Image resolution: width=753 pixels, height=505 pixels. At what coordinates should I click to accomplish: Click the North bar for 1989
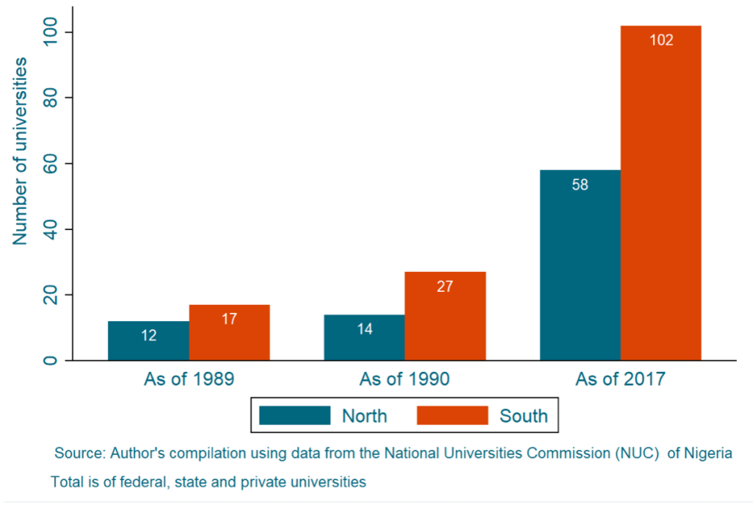pyautogui.click(x=149, y=341)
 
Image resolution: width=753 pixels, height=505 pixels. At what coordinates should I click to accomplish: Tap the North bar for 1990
pyautogui.click(x=364, y=338)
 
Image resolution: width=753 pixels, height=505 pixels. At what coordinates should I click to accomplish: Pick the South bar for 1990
pyautogui.click(x=445, y=316)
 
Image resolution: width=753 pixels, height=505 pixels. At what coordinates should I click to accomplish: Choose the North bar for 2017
pyautogui.click(x=580, y=265)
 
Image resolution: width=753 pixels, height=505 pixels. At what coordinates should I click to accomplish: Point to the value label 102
pyautogui.click(x=661, y=40)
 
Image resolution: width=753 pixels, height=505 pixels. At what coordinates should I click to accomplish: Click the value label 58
pyautogui.click(x=580, y=185)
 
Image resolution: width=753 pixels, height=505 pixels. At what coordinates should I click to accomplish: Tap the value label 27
pyautogui.click(x=445, y=286)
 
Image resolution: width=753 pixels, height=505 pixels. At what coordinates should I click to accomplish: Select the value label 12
pyautogui.click(x=149, y=335)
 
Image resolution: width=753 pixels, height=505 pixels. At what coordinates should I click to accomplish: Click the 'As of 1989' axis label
pyautogui.click(x=189, y=380)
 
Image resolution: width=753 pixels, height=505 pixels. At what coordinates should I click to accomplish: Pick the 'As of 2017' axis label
pyautogui.click(x=621, y=380)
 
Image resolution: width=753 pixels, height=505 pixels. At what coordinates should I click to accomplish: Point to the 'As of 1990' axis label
pyautogui.click(x=404, y=380)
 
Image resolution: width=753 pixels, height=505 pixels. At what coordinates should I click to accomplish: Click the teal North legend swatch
pyautogui.click(x=295, y=415)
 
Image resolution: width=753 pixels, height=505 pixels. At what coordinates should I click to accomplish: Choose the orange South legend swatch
pyautogui.click(x=452, y=415)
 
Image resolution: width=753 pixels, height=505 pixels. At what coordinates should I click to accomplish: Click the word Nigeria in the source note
pyautogui.click(x=708, y=453)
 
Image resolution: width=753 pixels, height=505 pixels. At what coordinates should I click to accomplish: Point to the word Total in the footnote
pyautogui.click(x=66, y=483)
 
